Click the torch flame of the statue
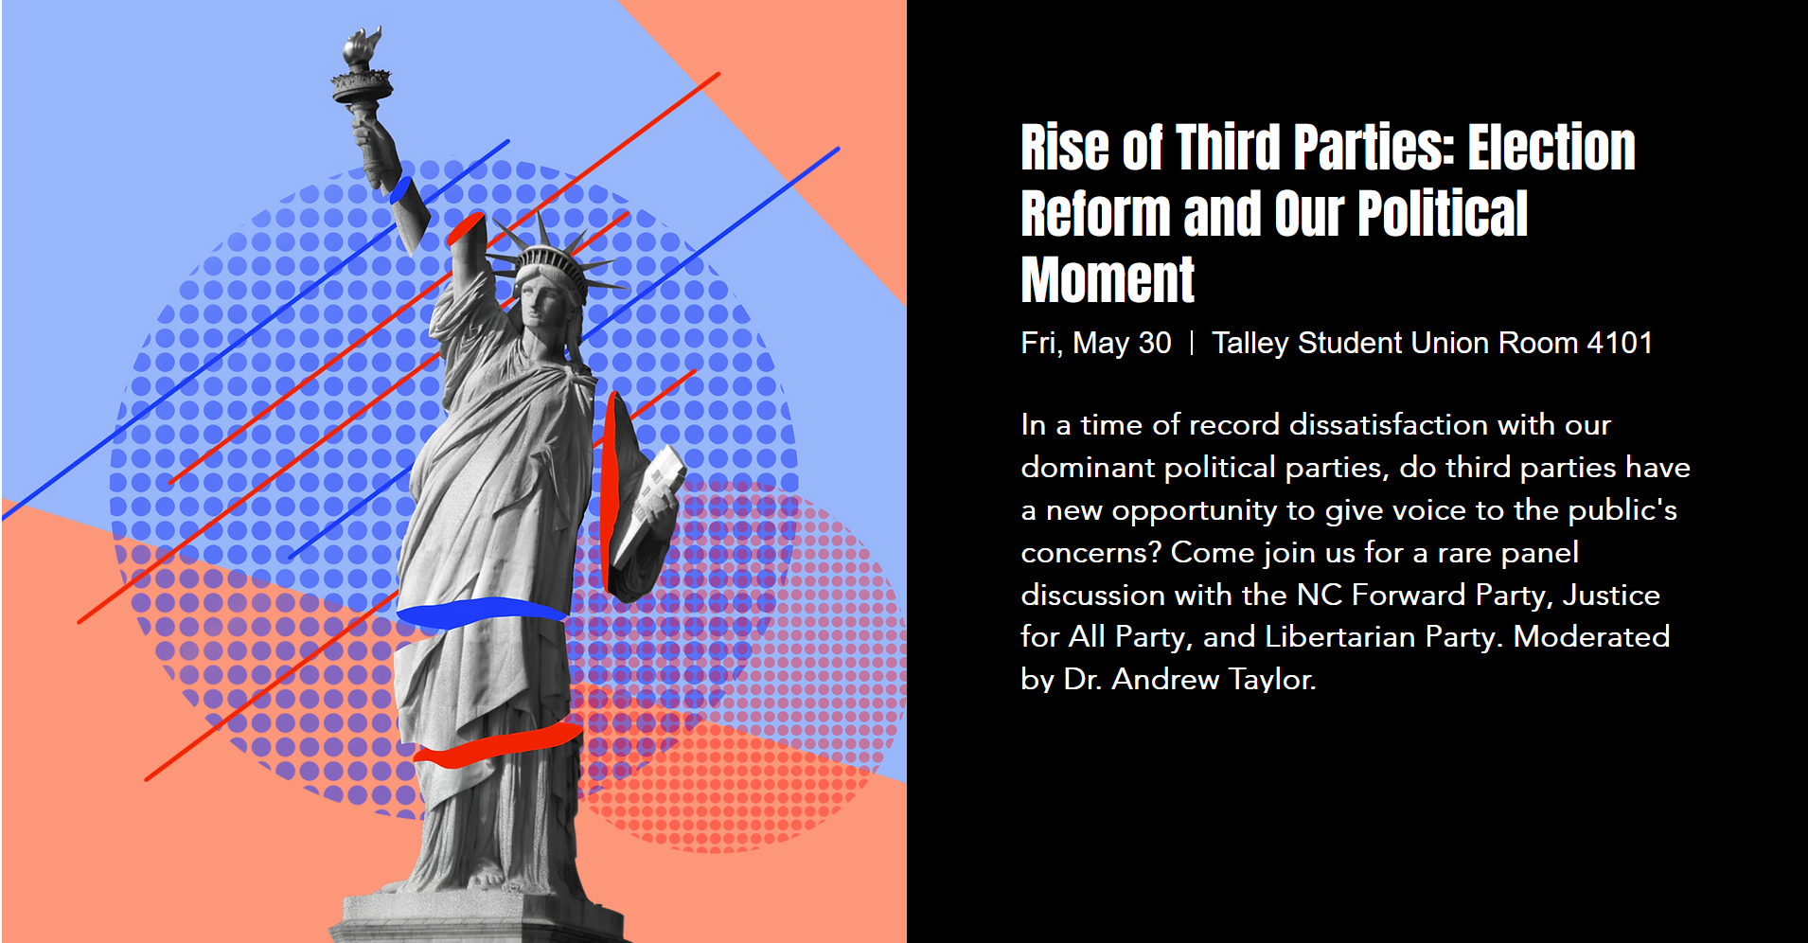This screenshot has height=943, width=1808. [363, 45]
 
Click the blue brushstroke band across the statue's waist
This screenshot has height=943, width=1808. [481, 612]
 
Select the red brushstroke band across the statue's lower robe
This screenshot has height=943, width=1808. [498, 745]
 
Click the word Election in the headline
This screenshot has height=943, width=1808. [1551, 149]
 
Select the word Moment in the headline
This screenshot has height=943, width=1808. [1108, 280]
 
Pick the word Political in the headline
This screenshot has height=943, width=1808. [1443, 214]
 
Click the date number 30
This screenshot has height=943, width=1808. [1155, 343]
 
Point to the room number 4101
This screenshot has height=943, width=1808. [1620, 343]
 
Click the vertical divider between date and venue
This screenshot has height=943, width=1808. [1192, 343]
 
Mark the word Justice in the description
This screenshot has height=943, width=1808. [1611, 595]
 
